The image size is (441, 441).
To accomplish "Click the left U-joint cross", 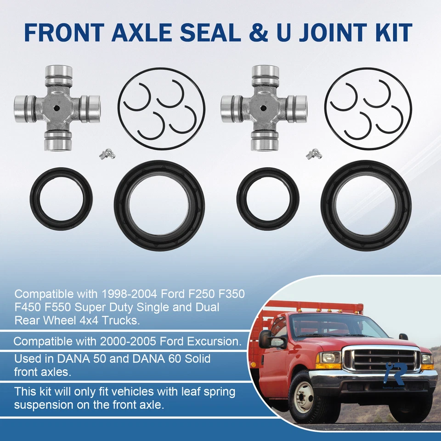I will click(x=57, y=108).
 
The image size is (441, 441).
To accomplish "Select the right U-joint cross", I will click(x=264, y=108).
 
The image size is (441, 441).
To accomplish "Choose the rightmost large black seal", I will click(x=366, y=205).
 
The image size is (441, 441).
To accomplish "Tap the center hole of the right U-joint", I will click(x=264, y=108).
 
